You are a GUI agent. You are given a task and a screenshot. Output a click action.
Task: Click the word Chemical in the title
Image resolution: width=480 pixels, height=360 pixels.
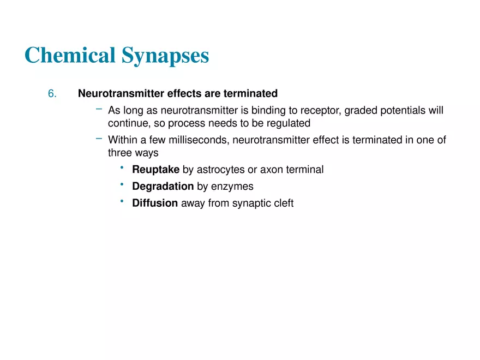pyautogui.click(x=70, y=56)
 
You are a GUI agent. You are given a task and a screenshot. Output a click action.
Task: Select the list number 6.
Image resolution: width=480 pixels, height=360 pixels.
pyautogui.click(x=52, y=94)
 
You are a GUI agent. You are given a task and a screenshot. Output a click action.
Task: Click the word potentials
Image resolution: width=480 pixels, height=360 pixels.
pyautogui.click(x=403, y=111)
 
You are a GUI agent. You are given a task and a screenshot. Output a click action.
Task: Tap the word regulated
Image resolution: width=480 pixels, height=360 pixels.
pyautogui.click(x=287, y=123)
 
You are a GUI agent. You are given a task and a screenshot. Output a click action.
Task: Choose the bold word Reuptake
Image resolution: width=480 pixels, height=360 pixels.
pyautogui.click(x=155, y=170)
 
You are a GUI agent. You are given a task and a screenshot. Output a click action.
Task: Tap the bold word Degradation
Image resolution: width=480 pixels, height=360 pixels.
pyautogui.click(x=163, y=187)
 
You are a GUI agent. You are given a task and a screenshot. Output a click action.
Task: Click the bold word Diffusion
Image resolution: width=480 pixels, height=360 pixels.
pyautogui.click(x=155, y=203)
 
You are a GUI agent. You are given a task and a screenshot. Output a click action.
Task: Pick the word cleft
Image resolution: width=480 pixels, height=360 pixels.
pyautogui.click(x=283, y=203)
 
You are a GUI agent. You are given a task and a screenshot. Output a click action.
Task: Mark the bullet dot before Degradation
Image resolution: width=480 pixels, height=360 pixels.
pyautogui.click(x=123, y=185)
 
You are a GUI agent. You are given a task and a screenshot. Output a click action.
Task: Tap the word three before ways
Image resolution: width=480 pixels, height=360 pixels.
pyautogui.click(x=120, y=153)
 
